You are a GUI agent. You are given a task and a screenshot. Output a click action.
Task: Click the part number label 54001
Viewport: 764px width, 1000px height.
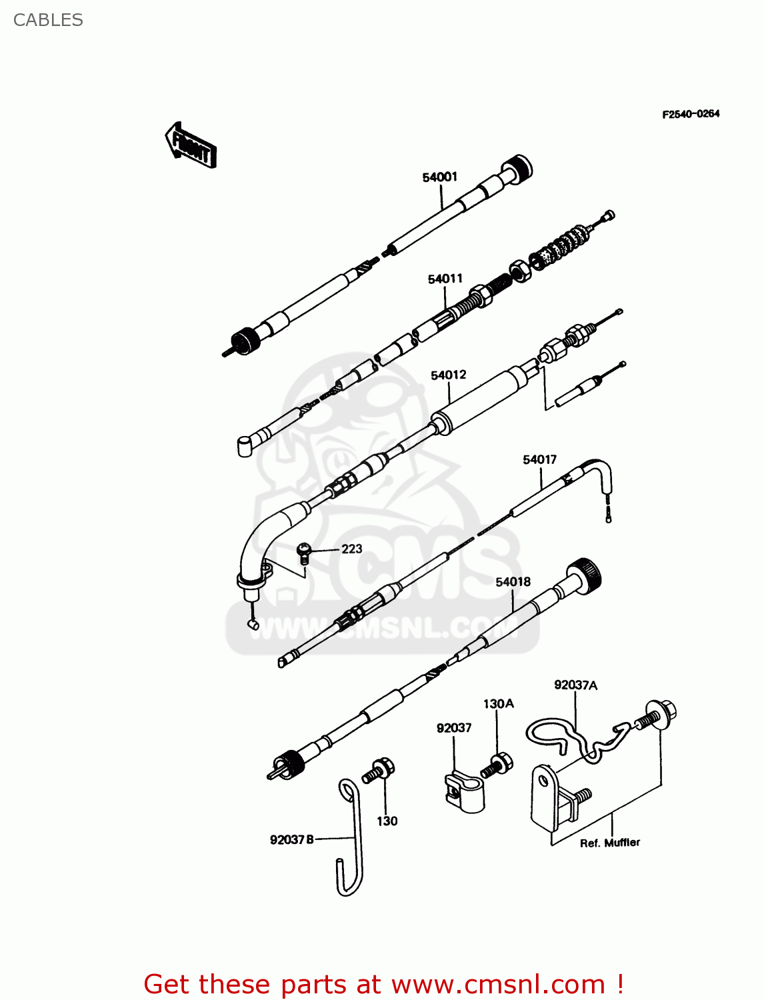coord(439,177)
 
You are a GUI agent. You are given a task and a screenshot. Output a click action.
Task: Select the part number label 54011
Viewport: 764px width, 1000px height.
coord(445,279)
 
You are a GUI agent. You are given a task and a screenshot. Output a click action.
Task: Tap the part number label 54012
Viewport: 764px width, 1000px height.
coord(448,375)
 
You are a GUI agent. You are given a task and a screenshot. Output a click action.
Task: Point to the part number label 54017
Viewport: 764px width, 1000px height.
coord(539,459)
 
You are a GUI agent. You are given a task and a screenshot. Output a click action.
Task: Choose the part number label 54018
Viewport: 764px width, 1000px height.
coord(513,582)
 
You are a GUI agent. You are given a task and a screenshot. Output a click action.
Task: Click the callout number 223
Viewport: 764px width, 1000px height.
coord(351,549)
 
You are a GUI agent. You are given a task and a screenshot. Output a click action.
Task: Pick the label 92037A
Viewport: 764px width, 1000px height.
coord(575,685)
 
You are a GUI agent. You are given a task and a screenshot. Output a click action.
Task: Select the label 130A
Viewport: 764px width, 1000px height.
coord(498,703)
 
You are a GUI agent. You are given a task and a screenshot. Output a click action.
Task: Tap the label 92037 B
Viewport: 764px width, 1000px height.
coord(291,839)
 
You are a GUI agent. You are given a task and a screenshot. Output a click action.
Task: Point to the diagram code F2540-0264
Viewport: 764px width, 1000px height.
coord(691,114)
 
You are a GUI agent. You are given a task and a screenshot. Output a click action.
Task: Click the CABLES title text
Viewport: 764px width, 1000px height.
coord(48,20)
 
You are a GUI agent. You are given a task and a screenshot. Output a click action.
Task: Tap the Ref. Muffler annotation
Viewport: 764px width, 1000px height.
coord(609,843)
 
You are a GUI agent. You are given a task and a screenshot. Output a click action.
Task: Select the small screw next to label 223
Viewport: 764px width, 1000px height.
coord(305,553)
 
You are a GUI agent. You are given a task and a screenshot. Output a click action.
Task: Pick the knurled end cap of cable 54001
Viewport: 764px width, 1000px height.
coord(517,167)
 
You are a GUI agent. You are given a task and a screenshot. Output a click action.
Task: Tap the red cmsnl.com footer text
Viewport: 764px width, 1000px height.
coord(383,984)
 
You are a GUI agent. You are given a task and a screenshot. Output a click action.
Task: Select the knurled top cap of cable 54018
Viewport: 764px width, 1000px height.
coord(585,574)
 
